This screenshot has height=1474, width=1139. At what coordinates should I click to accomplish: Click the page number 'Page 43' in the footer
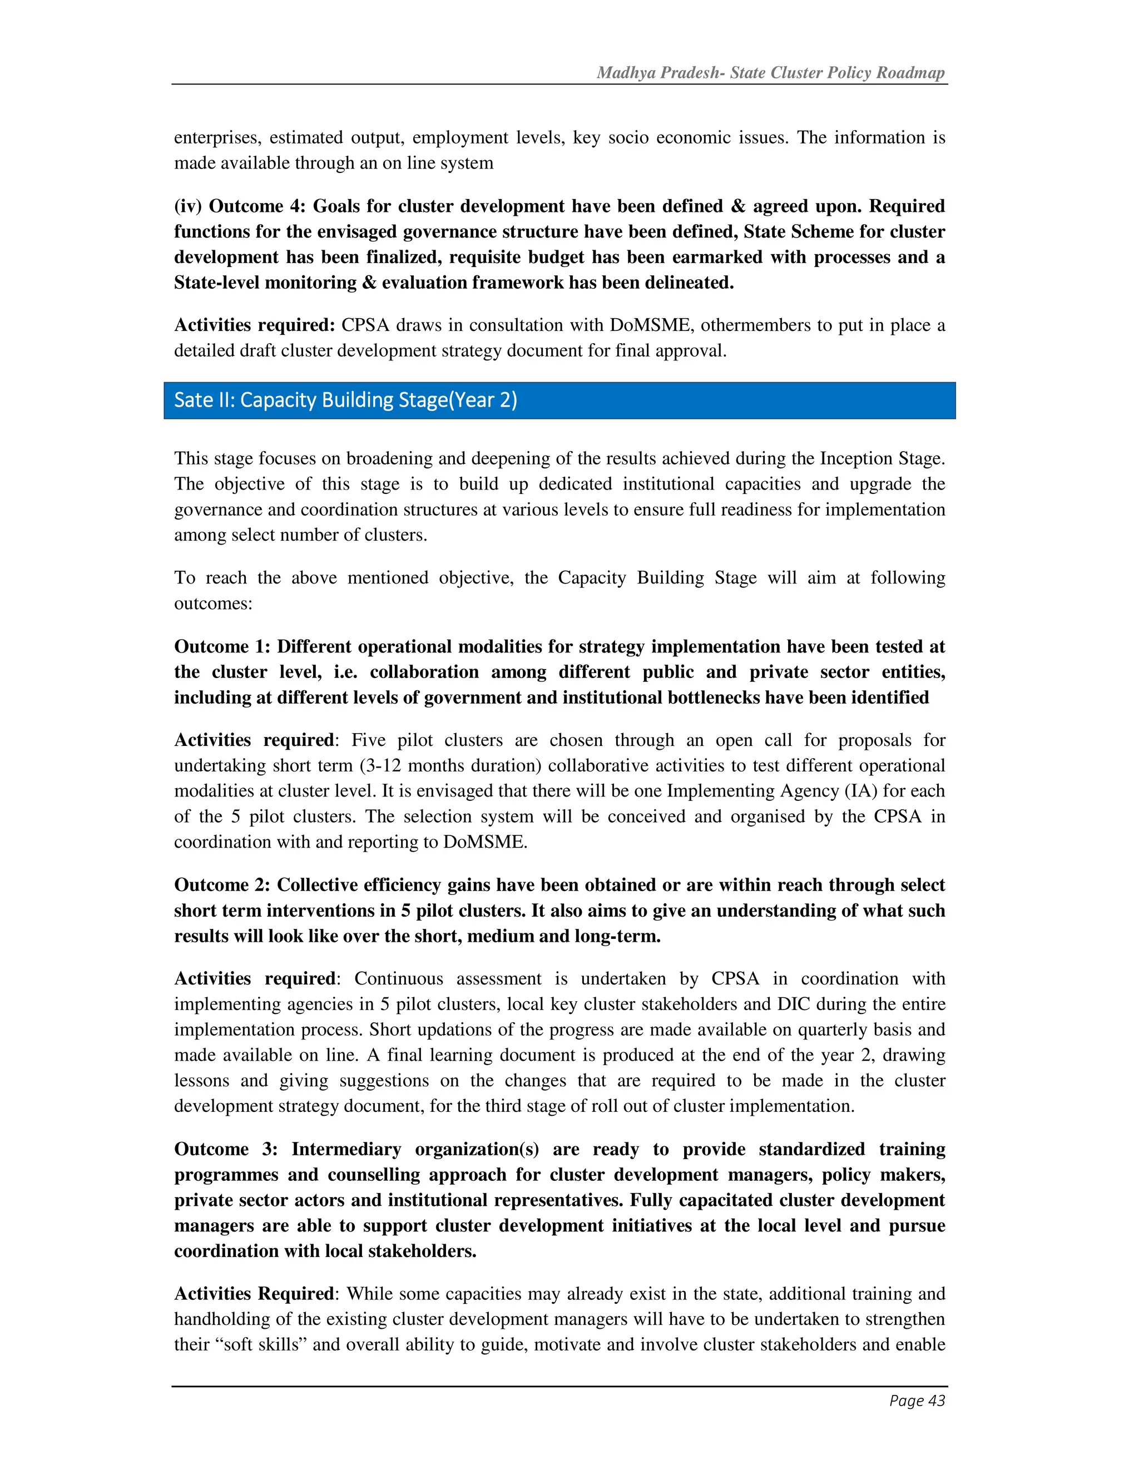click(x=917, y=1401)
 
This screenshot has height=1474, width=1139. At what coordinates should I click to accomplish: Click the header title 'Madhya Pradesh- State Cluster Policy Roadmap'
click(x=770, y=73)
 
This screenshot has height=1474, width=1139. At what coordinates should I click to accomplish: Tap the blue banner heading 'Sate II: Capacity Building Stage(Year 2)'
click(x=345, y=400)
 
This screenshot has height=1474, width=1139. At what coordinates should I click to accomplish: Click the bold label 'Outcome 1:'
click(x=222, y=646)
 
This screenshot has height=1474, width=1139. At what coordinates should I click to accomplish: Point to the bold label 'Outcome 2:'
click(x=222, y=885)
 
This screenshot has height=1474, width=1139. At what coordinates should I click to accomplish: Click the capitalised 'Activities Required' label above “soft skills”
click(x=254, y=1294)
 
